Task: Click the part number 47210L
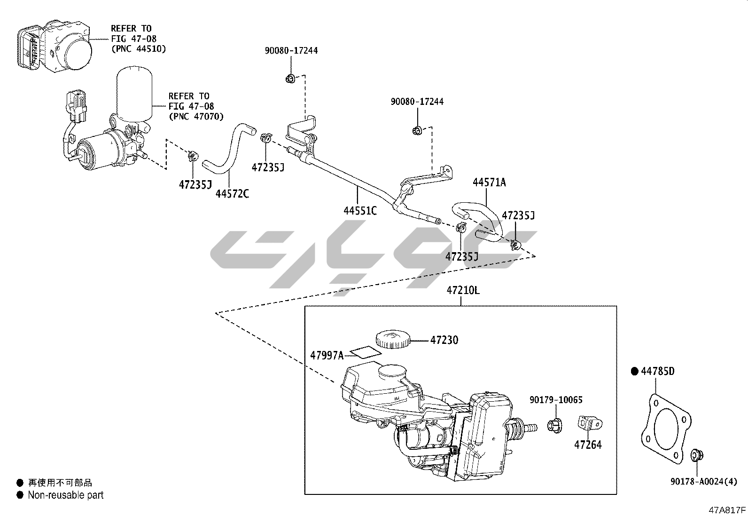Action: coord(463,290)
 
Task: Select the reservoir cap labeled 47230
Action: coord(392,339)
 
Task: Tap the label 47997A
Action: coord(327,355)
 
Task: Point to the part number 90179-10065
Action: coord(556,400)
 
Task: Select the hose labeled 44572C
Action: coord(228,151)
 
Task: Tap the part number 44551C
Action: coord(360,210)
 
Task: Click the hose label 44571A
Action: coord(489,182)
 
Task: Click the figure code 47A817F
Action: coord(727,509)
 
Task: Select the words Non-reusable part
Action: coord(65,495)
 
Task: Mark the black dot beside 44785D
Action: coord(635,371)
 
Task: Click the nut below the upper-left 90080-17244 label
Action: coord(290,79)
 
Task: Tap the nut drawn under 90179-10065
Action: coord(554,425)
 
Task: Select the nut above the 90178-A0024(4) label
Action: coord(696,455)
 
